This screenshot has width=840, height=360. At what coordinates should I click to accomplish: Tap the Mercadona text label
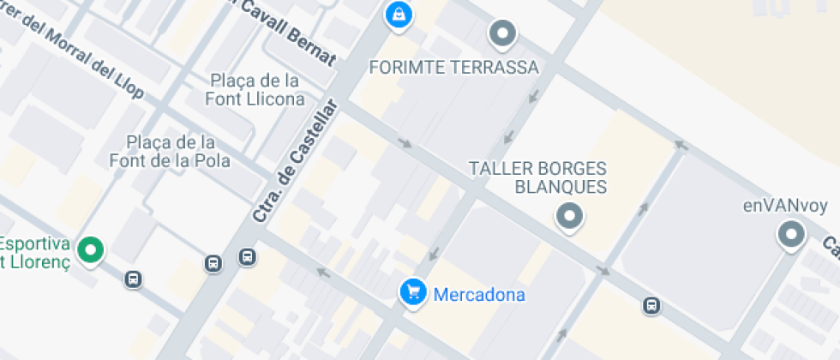point(479,295)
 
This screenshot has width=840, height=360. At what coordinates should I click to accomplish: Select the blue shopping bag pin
point(398,14)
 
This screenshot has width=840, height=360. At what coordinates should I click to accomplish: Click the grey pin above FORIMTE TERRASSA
point(502,35)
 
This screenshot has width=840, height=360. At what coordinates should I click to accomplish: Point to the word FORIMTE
point(405,68)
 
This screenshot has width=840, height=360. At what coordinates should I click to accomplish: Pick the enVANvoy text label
point(782,207)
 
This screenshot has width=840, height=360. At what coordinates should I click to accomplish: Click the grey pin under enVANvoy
point(789,234)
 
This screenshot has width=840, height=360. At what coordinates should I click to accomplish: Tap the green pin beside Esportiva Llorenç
point(90,250)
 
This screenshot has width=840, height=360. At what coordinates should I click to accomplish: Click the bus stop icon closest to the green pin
point(133,279)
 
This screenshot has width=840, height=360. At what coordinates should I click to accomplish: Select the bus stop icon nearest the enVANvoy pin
point(651,305)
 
